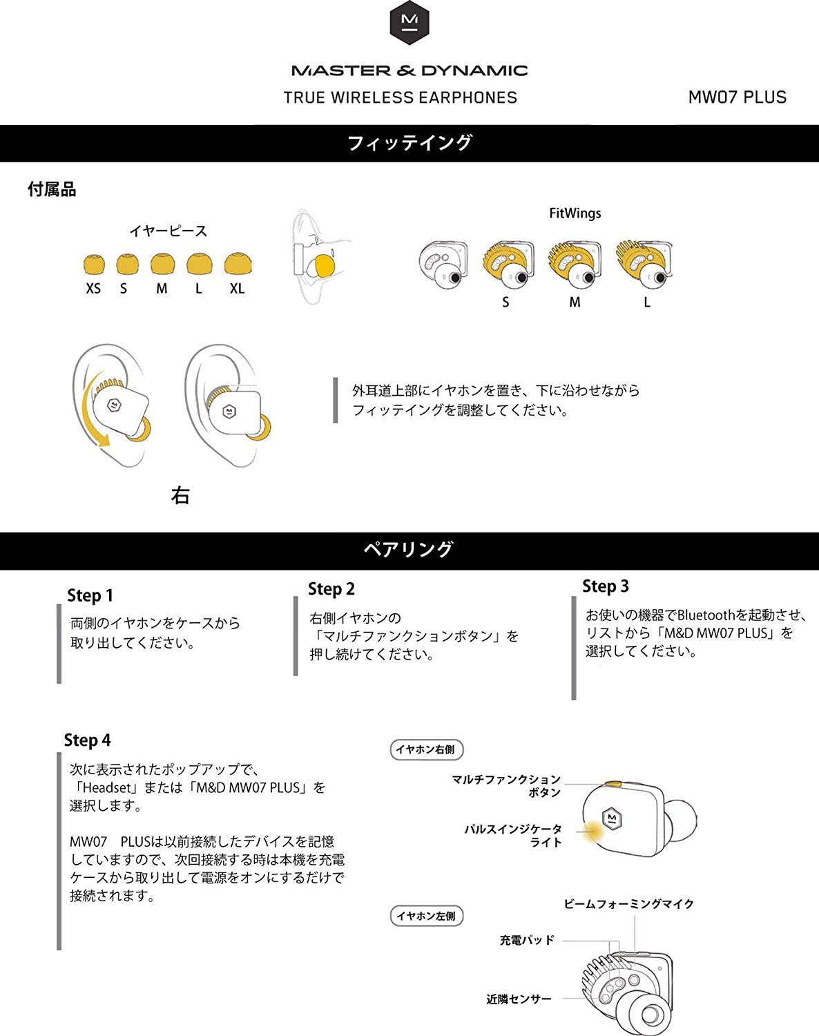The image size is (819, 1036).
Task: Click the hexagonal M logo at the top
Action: coord(409,23)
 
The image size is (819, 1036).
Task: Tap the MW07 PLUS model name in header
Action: coord(737,97)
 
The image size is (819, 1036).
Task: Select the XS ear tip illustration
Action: coord(94,264)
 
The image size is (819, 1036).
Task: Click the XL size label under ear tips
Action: coord(237,289)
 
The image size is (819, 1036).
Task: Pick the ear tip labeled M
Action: coord(162,264)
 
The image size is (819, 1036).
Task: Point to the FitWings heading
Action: coord(575,213)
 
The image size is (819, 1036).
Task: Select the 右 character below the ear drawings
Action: coord(180,495)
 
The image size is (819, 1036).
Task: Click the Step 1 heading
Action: coord(90,595)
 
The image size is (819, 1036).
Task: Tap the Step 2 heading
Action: coord(331,589)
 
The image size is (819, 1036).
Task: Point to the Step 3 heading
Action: coord(605,586)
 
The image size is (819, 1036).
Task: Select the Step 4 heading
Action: coord(87,740)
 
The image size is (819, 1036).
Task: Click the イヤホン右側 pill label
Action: coord(426,749)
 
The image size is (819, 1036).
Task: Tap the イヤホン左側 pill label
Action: coord(426,916)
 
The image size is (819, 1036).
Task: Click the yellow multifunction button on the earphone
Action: coord(612,785)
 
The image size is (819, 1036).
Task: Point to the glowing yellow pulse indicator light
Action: coord(592,831)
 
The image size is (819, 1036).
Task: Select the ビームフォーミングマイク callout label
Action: coord(628,904)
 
